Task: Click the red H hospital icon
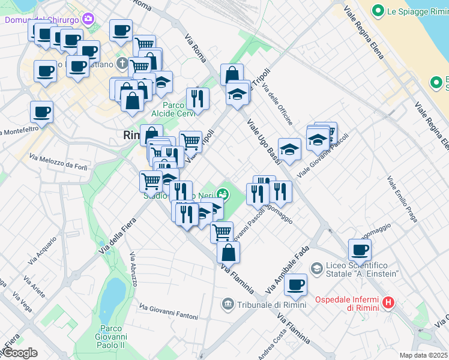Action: tap(388, 302)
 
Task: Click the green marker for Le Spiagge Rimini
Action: tap(378, 10)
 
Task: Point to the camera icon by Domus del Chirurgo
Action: tap(89, 19)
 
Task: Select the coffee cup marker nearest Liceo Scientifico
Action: tap(360, 249)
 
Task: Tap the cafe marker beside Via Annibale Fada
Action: tap(295, 284)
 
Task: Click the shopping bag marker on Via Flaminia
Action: tap(228, 252)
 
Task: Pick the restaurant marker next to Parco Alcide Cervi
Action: tap(197, 98)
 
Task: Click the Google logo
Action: tap(19, 353)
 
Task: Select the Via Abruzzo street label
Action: tap(134, 273)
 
